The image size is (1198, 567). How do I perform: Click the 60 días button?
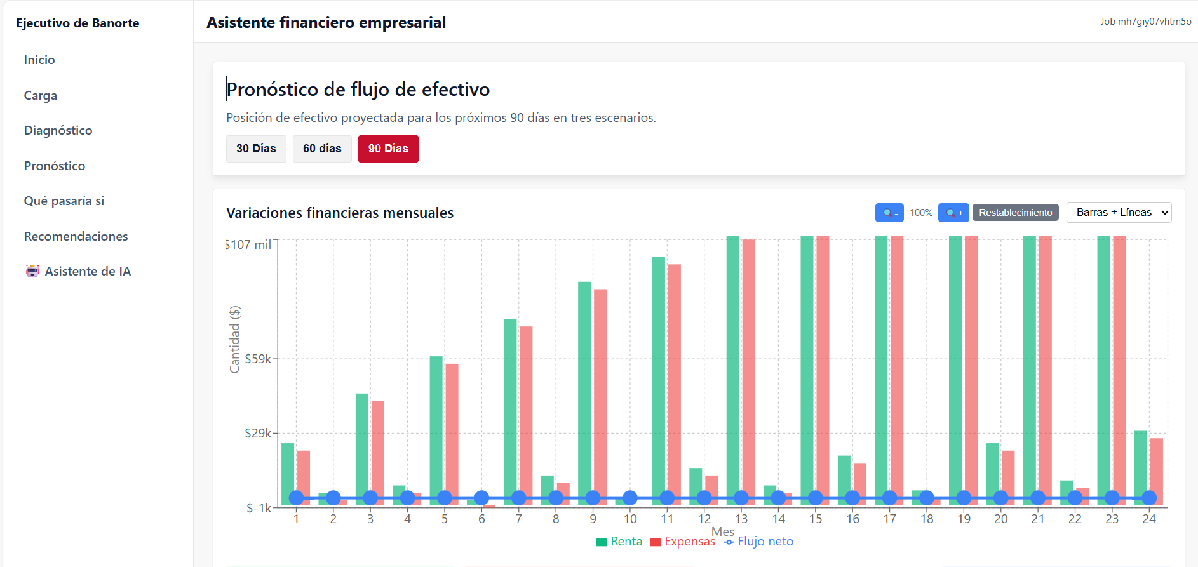322,149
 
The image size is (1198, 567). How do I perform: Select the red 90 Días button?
388,149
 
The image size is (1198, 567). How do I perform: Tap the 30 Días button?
256,149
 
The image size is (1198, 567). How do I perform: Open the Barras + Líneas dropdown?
1119,213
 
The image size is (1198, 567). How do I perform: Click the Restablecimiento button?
1015,213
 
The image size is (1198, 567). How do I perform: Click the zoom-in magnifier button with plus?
953,213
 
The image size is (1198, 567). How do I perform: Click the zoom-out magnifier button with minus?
889,213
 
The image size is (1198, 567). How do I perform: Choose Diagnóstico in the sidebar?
58,130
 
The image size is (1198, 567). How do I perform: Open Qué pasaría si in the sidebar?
64,201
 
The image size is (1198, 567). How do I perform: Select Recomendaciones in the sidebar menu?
76,236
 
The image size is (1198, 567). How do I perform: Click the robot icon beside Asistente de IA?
32,271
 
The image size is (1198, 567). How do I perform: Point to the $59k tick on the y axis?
258,359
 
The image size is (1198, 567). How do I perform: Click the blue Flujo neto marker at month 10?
630,498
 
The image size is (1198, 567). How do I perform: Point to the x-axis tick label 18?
927,519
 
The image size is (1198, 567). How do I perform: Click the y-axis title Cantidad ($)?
234,340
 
